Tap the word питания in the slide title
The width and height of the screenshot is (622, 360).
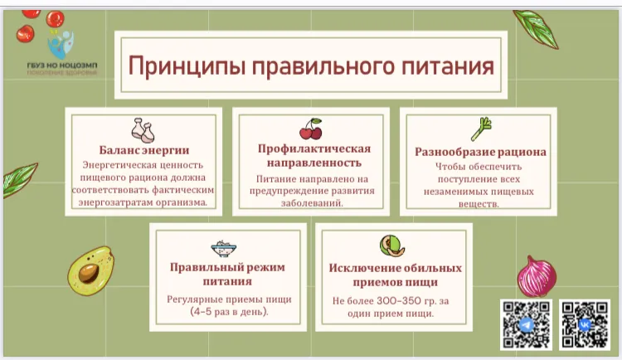pos(440,66)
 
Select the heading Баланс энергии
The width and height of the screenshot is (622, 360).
pos(143,151)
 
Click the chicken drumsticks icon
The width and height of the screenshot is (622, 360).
pos(143,129)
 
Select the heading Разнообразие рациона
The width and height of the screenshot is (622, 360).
pos(480,153)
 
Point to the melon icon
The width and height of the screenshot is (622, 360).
pos(391,246)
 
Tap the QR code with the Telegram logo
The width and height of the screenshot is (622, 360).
pos(526,324)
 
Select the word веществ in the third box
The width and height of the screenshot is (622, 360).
pos(479,204)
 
